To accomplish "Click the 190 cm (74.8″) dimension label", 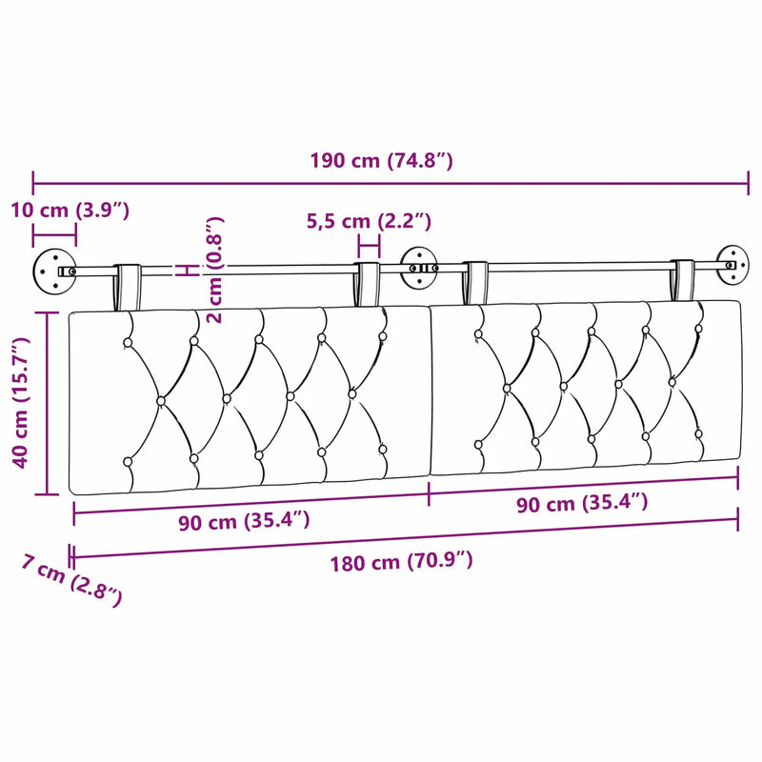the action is pyautogui.click(x=382, y=160).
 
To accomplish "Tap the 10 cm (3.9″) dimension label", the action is pyautogui.click(x=70, y=211).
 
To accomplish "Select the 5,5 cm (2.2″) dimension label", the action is pyautogui.click(x=369, y=221).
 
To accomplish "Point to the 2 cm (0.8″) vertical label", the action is pyautogui.click(x=214, y=270).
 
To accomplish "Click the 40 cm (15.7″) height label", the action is pyautogui.click(x=21, y=402).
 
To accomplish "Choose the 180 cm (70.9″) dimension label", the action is pyautogui.click(x=401, y=562).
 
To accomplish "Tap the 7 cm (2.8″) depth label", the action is pyautogui.click(x=71, y=580).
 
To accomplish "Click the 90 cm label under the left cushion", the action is pyautogui.click(x=244, y=521).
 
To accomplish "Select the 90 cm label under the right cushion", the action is pyautogui.click(x=582, y=503).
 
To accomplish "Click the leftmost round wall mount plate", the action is pyautogui.click(x=54, y=271).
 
